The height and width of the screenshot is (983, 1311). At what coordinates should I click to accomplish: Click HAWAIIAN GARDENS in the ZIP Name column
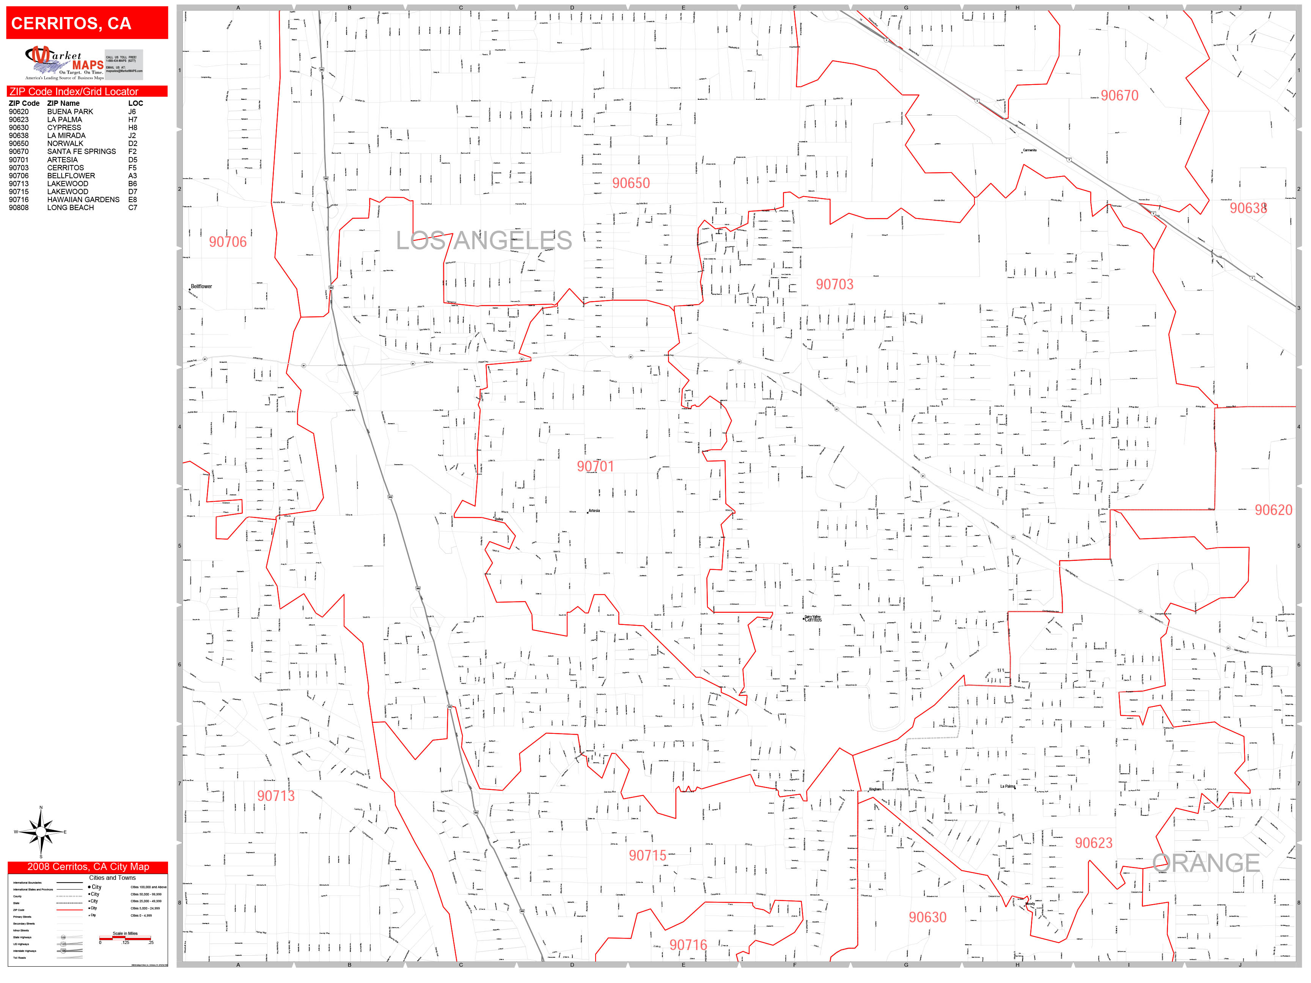(x=83, y=200)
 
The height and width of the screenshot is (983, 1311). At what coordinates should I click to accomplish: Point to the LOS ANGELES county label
(x=484, y=240)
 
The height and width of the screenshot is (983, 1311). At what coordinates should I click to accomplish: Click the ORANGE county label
(x=1206, y=863)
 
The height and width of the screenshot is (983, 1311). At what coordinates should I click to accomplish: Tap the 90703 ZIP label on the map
(x=835, y=284)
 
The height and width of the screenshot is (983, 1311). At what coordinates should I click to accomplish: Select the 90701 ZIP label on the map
(x=595, y=466)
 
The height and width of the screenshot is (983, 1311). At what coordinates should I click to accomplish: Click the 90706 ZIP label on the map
(x=228, y=242)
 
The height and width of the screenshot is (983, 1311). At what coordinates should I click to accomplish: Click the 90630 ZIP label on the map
(x=927, y=917)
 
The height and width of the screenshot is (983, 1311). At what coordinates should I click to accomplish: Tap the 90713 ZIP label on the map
(x=276, y=796)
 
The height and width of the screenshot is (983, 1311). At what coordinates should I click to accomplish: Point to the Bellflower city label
(x=201, y=286)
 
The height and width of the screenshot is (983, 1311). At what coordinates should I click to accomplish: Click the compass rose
(x=40, y=832)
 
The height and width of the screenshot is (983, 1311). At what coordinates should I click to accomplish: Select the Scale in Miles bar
(x=125, y=938)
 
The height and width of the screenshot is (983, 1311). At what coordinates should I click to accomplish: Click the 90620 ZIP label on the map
(x=1273, y=510)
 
